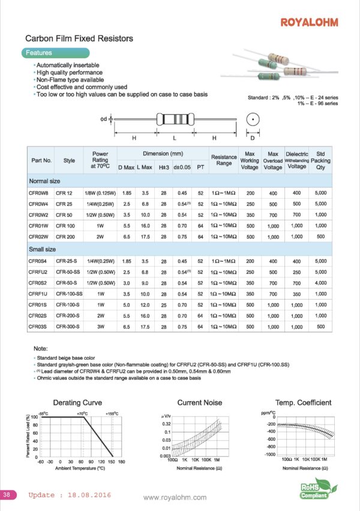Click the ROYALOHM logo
(x=309, y=22)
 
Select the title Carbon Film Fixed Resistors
(x=79, y=38)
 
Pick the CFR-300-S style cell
(x=68, y=326)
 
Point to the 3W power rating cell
(x=100, y=326)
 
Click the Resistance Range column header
(x=224, y=160)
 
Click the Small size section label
(x=43, y=249)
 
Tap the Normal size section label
(x=44, y=181)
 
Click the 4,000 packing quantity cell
(x=320, y=282)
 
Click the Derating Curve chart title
(x=77, y=402)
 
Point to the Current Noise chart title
(x=200, y=402)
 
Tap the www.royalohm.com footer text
(x=175, y=497)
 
